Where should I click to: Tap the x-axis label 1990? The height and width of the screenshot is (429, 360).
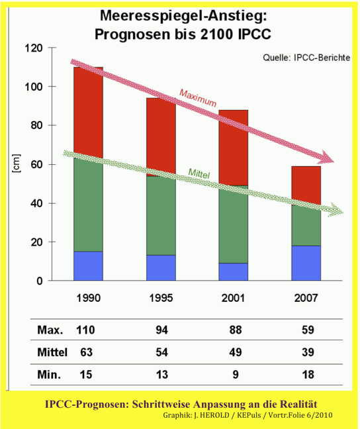89,297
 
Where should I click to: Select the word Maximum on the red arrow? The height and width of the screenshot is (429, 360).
197,97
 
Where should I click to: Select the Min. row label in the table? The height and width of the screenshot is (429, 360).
49,375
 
